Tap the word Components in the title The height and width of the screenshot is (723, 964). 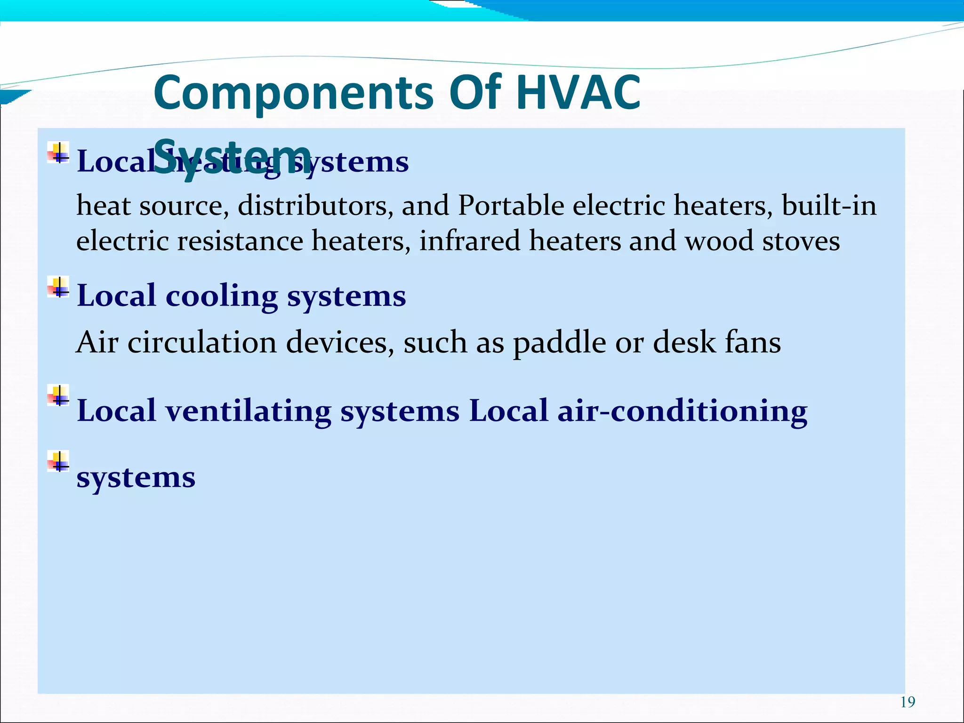click(293, 93)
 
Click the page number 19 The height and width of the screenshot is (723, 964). click(908, 702)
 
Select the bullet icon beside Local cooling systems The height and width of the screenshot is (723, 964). click(58, 287)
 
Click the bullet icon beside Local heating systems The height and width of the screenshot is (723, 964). click(58, 153)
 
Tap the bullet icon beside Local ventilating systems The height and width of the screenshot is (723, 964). click(58, 395)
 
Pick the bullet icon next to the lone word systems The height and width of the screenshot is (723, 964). click(58, 461)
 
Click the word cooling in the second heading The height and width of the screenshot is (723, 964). click(222, 296)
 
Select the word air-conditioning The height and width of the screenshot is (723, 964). click(683, 411)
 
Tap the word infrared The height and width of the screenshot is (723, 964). click(469, 241)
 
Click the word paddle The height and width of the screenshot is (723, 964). click(559, 343)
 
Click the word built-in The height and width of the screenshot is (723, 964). click(829, 206)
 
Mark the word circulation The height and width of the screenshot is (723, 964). click(202, 343)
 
